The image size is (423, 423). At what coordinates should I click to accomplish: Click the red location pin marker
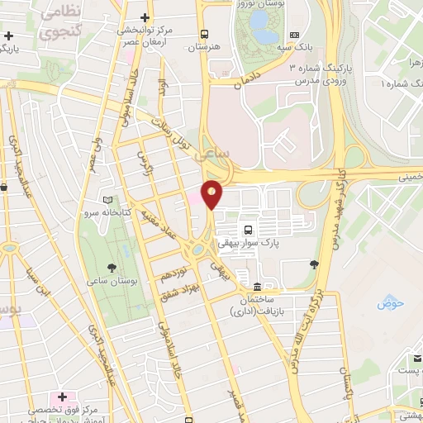pos(212,195)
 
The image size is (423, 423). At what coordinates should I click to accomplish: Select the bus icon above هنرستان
pos(204,34)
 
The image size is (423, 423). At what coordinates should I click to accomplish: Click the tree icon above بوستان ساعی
pos(112,266)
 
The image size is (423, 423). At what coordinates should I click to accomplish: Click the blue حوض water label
pos(389,304)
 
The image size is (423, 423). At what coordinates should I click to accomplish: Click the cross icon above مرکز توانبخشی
pos(146,17)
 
